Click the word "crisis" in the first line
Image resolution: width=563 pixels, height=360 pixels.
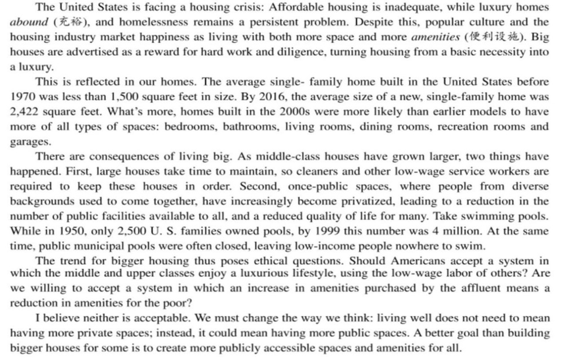pyautogui.click(x=220, y=8)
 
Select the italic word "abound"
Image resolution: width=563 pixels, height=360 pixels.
pyautogui.click(x=28, y=23)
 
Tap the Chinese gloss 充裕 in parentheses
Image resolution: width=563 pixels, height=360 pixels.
pyautogui.click(x=62, y=23)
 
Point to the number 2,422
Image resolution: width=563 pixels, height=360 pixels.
pyautogui.click(x=24, y=111)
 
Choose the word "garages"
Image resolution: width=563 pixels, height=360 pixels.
pyautogui.click(x=29, y=141)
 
